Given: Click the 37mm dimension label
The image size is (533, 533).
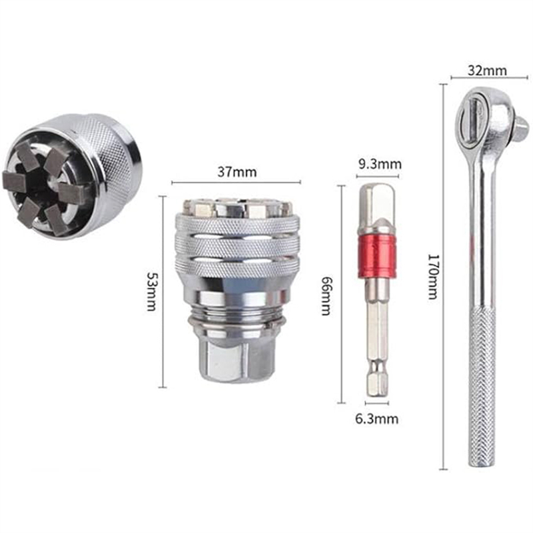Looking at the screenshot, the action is coord(237,172).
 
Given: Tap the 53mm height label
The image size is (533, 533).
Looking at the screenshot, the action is coord(151,291).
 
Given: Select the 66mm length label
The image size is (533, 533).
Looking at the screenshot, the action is coord(326,296).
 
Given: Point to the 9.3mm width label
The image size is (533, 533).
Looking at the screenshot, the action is coord(380,165).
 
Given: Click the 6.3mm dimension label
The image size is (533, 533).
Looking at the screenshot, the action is coord(376,419).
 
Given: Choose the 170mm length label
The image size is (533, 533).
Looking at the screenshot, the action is coord(432,276).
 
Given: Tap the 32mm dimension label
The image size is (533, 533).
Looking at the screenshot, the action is coord(487,71).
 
